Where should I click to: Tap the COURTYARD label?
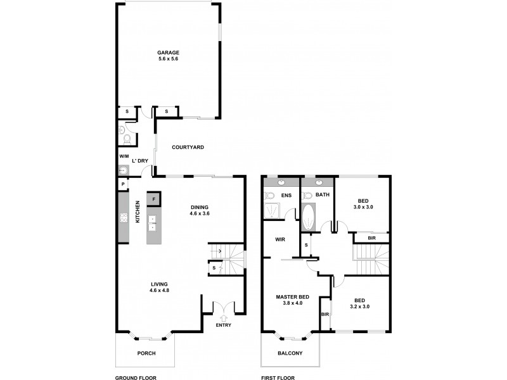[x=188, y=147]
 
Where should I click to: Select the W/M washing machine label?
[x=123, y=156]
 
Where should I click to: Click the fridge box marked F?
[x=153, y=199]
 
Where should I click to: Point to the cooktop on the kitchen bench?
[x=123, y=218]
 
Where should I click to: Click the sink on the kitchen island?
[x=153, y=222]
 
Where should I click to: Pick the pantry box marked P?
[x=122, y=184]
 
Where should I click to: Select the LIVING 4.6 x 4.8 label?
[x=160, y=287]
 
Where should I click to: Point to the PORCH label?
[x=146, y=353]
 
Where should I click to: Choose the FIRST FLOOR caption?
[x=279, y=377]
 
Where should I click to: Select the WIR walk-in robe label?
[x=279, y=239]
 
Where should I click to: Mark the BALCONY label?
[x=291, y=353]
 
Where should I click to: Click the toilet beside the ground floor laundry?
[x=127, y=138]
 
